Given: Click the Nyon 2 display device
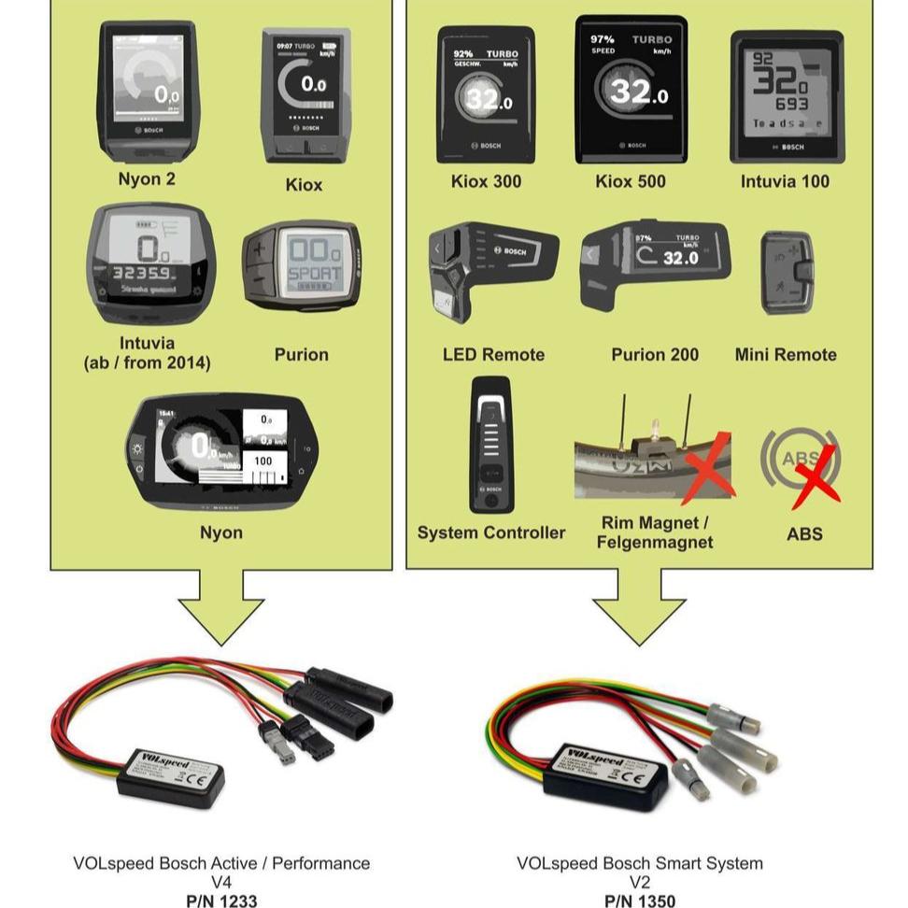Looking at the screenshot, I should (148, 91).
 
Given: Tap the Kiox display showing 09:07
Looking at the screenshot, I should (305, 94).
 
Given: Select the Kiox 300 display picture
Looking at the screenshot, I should (486, 93).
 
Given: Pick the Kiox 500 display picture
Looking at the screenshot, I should (631, 90).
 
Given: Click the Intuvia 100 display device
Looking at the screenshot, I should (786, 95).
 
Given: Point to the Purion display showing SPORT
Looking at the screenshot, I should (302, 265).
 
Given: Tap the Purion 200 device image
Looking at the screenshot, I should (654, 263).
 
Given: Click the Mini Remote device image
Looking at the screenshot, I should (788, 272).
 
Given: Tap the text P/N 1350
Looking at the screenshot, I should (639, 901).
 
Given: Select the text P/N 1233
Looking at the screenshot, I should (221, 901).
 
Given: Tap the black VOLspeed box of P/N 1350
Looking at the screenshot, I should (607, 771).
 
